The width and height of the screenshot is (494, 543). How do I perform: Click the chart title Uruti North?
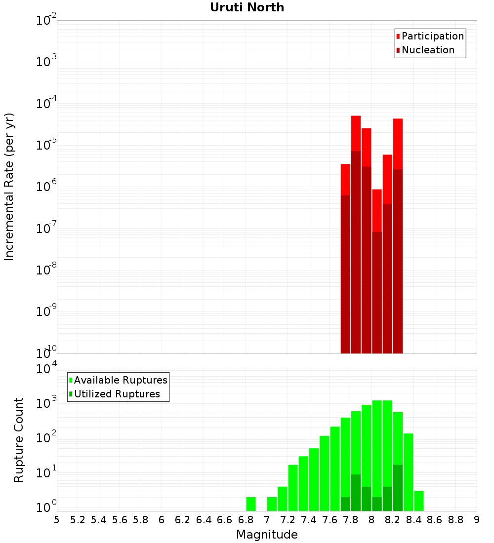247,7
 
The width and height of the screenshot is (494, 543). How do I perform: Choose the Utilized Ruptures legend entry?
117,394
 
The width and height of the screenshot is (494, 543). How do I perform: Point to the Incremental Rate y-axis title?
9,187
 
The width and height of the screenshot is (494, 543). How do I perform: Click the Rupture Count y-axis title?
19,440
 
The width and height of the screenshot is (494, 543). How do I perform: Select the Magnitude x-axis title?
267,535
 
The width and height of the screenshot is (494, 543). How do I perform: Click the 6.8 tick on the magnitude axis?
246,520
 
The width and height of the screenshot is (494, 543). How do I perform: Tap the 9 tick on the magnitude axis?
477,520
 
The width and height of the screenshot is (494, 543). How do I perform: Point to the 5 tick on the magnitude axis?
57,520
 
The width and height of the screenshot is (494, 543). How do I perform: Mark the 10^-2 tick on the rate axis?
46,21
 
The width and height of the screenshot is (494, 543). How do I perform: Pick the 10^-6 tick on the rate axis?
46,187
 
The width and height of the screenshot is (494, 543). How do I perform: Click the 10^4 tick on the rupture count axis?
46,369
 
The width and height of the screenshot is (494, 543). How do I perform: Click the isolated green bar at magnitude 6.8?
251,504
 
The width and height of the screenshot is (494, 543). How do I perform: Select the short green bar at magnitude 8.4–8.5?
419,501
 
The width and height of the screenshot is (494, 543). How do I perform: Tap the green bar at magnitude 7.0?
272,504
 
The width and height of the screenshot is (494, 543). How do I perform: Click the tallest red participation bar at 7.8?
356,133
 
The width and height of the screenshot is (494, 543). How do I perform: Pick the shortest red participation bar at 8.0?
377,210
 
